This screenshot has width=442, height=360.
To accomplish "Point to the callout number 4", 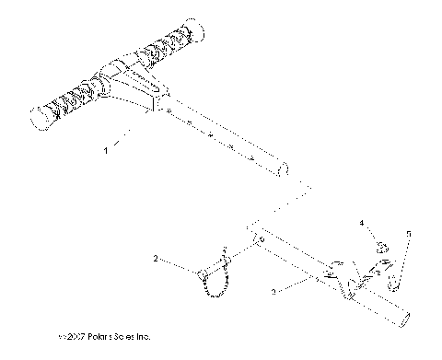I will (362, 223).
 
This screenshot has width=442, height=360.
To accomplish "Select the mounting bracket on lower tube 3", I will (345, 276).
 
